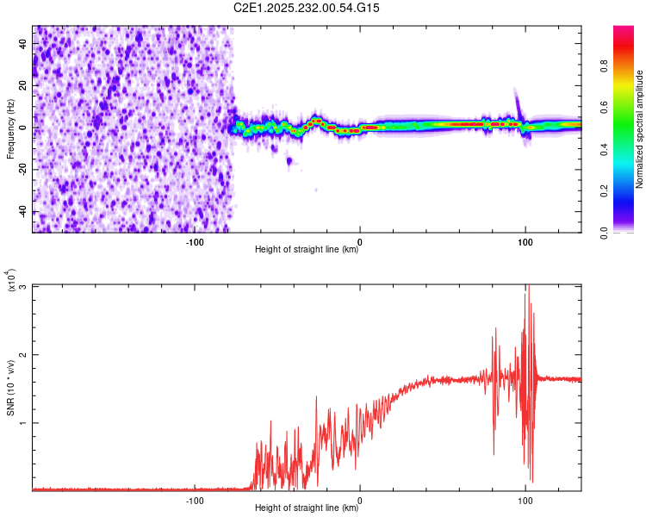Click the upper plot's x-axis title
click(307, 250)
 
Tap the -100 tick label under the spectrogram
click(195, 241)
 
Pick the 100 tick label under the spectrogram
click(525, 241)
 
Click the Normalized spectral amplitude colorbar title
click(639, 129)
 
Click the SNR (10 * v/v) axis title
click(10, 388)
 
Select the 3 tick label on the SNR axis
click(24, 286)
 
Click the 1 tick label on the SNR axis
click(24, 422)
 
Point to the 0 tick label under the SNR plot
click(360, 500)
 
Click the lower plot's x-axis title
click(307, 508)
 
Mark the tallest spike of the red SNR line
click(529, 286)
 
